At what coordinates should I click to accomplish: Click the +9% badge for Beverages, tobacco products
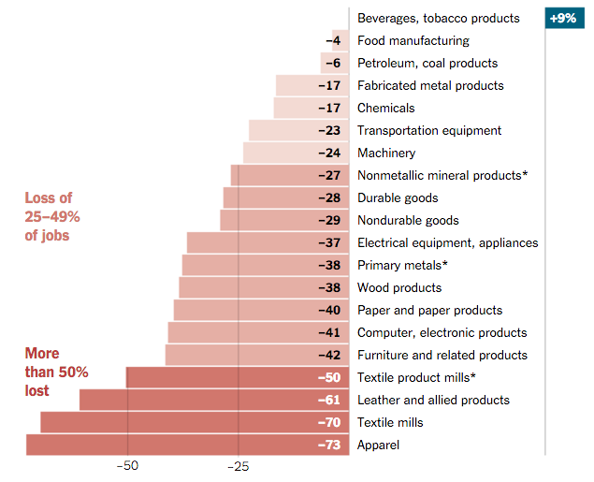563,18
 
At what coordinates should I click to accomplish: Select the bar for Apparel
187,445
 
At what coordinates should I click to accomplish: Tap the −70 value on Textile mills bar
329,422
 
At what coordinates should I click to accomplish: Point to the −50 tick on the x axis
127,466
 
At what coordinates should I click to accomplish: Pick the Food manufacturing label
413,40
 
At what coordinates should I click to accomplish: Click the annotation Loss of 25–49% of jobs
52,216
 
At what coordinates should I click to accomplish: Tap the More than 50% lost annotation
56,372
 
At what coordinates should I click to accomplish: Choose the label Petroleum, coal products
427,63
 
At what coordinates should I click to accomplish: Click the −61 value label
329,400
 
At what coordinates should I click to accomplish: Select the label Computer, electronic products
442,332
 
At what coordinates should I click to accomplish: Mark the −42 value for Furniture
329,355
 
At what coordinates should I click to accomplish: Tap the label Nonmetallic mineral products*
442,175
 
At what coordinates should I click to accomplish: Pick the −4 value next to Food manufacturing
333,40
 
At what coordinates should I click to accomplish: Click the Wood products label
399,287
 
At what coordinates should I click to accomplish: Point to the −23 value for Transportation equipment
329,130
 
